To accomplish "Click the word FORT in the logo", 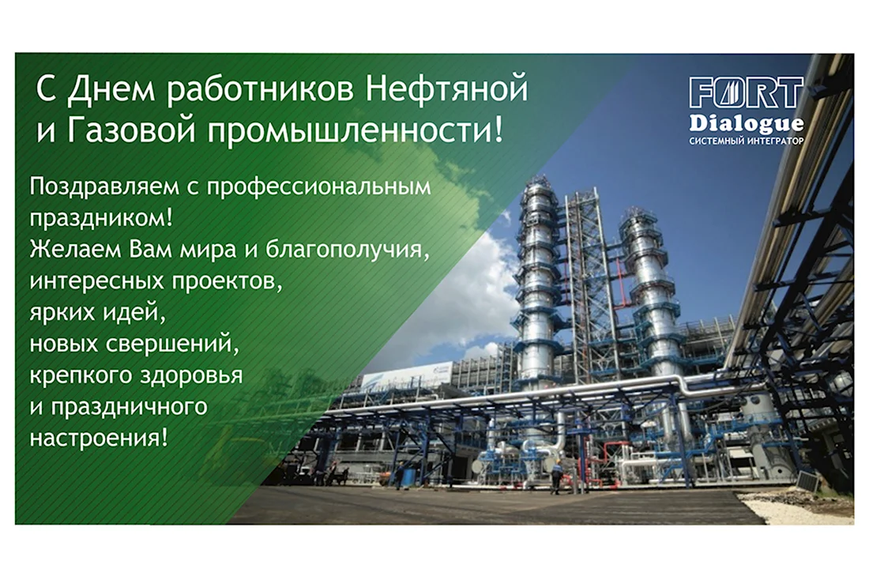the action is click(747, 92).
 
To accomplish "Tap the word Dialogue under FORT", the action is click(747, 124).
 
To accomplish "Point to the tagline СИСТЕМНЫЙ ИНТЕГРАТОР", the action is click(747, 141).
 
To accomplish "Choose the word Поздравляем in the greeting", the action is click(105, 187).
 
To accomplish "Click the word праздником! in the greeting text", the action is click(101, 218).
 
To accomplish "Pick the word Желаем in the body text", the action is click(75, 249).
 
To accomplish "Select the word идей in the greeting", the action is click(140, 312).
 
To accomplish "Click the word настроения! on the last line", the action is click(99, 439).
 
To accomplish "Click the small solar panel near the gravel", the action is click(808, 481).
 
